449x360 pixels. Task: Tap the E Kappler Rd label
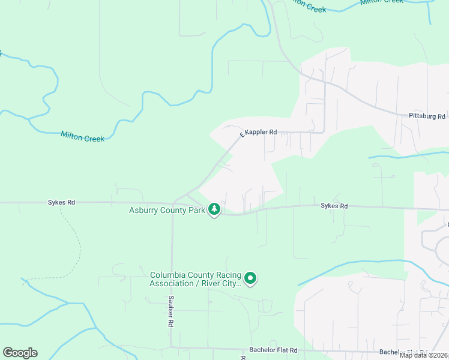(258, 132)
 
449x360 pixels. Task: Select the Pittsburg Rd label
(426, 116)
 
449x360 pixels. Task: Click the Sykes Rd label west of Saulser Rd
(61, 203)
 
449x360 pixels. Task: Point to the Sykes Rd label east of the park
(334, 206)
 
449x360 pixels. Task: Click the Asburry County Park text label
(167, 210)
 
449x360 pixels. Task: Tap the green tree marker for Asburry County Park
(214, 209)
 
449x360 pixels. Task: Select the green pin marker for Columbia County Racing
(251, 278)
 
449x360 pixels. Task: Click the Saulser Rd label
(171, 311)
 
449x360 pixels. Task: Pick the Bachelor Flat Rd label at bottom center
(274, 350)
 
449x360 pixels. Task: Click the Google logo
(20, 353)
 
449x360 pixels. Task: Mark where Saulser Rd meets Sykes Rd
(172, 203)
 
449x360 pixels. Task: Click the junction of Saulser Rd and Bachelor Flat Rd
(172, 347)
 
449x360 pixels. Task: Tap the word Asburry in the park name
(145, 210)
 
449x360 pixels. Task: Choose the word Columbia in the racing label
(166, 275)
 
